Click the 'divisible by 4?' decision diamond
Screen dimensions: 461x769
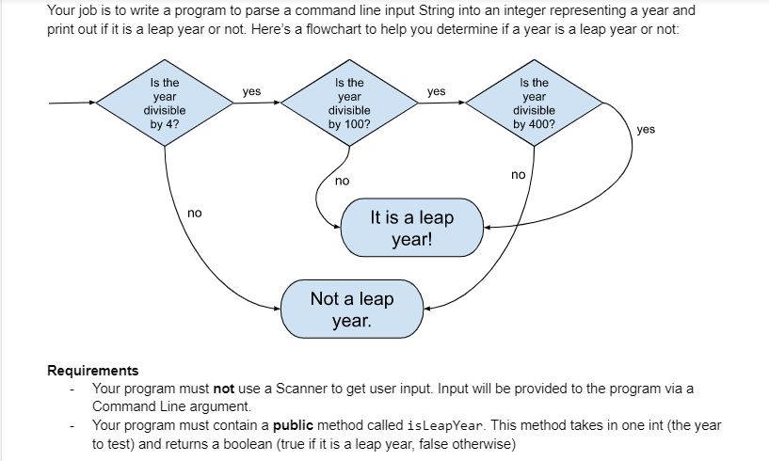click(165, 103)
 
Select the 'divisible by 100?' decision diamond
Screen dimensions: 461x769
click(349, 103)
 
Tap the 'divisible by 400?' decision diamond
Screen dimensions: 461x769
click(534, 103)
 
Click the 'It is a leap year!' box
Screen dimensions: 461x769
click(411, 228)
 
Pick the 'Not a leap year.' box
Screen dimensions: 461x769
click(352, 309)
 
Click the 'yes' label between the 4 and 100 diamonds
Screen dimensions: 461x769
click(251, 91)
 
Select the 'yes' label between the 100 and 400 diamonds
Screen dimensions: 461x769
click(436, 91)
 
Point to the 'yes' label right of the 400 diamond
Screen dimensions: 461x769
click(646, 129)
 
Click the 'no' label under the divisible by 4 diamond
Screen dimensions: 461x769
click(194, 214)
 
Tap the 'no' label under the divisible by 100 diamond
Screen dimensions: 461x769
click(342, 179)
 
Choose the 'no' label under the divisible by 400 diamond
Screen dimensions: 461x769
click(518, 174)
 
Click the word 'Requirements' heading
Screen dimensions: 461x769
click(92, 371)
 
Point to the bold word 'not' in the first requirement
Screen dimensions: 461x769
click(224, 389)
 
